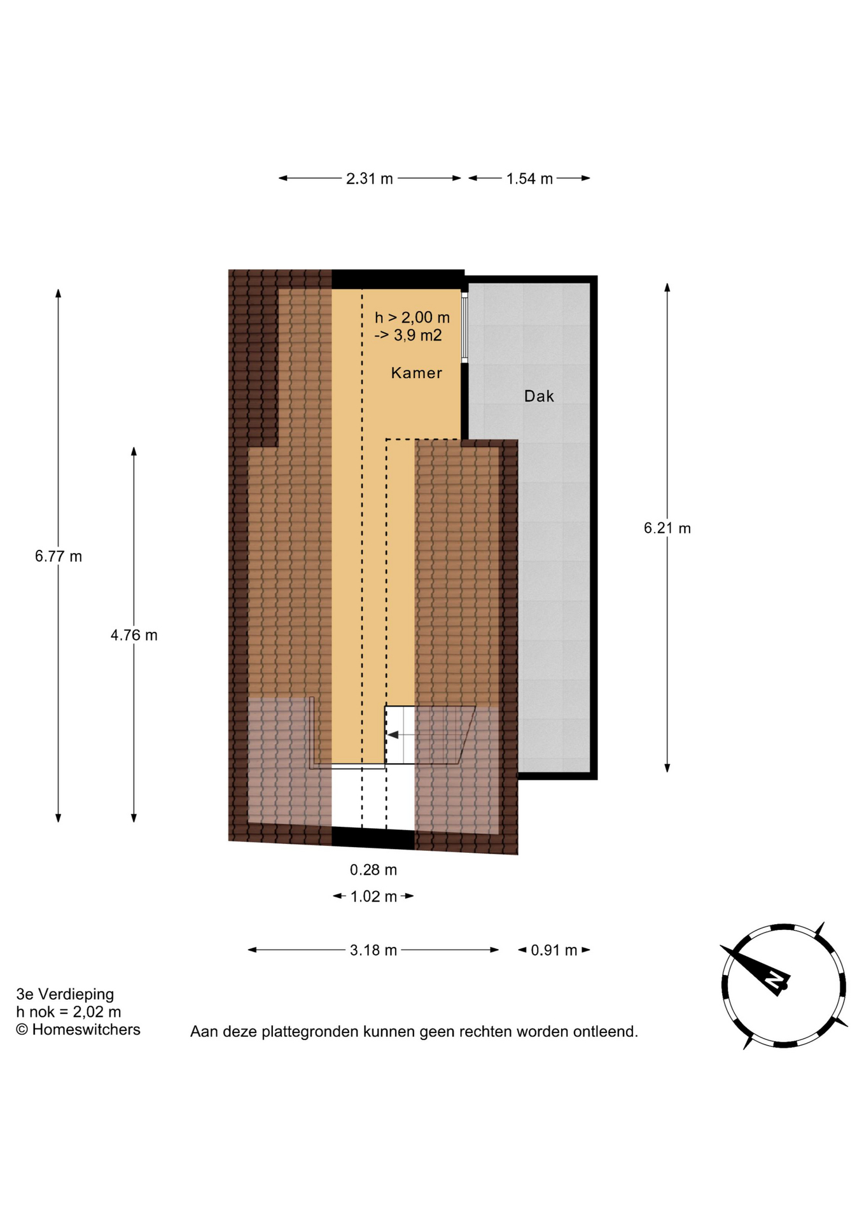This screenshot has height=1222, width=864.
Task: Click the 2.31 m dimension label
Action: pos(370,179)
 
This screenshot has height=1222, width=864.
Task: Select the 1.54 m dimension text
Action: pos(529,179)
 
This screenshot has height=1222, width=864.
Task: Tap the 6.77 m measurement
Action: pos(59,556)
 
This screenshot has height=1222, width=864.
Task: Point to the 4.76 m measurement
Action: pos(134,635)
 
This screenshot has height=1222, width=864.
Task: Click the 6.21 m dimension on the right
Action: pos(667,528)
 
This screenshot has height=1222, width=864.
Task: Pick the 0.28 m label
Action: pos(373,869)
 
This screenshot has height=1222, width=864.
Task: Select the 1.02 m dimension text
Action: pos(373,897)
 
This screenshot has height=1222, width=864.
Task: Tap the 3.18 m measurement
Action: pos(373,950)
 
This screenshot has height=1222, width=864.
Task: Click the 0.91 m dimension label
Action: pos(554,950)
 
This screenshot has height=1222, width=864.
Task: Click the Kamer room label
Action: pos(417,373)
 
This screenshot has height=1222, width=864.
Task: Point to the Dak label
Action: pos(539,397)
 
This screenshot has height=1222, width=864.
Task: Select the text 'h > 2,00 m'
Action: pos(412,317)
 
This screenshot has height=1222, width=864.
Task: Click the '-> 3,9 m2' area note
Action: pos(408,335)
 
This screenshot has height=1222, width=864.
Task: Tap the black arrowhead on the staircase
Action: pos(393,735)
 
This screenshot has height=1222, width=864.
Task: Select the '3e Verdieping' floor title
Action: pos(65,994)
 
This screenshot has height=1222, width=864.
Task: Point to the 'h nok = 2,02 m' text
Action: pos(69,1012)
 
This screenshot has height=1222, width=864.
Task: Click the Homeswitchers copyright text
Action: pos(78,1030)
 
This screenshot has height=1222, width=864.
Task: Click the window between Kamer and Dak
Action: pos(464,328)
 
